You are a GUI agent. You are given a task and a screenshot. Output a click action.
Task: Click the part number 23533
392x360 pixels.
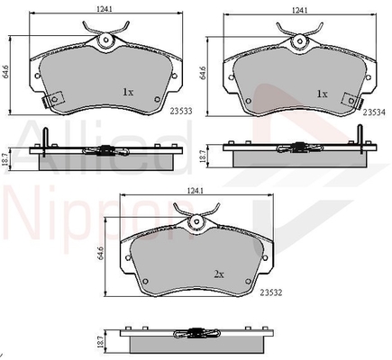(181, 112)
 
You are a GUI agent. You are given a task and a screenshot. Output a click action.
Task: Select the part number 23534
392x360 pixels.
(374, 112)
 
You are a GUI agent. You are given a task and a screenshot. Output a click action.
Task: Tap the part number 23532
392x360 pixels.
(271, 292)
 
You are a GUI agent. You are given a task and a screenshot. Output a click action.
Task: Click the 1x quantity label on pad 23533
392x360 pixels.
(128, 92)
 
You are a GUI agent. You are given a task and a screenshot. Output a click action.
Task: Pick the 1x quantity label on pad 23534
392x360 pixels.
(322, 94)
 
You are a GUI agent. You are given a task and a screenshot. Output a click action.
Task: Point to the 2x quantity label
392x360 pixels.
(219, 274)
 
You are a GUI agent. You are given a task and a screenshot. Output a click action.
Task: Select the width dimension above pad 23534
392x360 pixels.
(299, 10)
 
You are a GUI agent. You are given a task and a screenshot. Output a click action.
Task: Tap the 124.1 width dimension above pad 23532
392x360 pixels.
(195, 191)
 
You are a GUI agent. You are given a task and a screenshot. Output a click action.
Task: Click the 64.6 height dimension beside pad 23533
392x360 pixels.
(5, 72)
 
